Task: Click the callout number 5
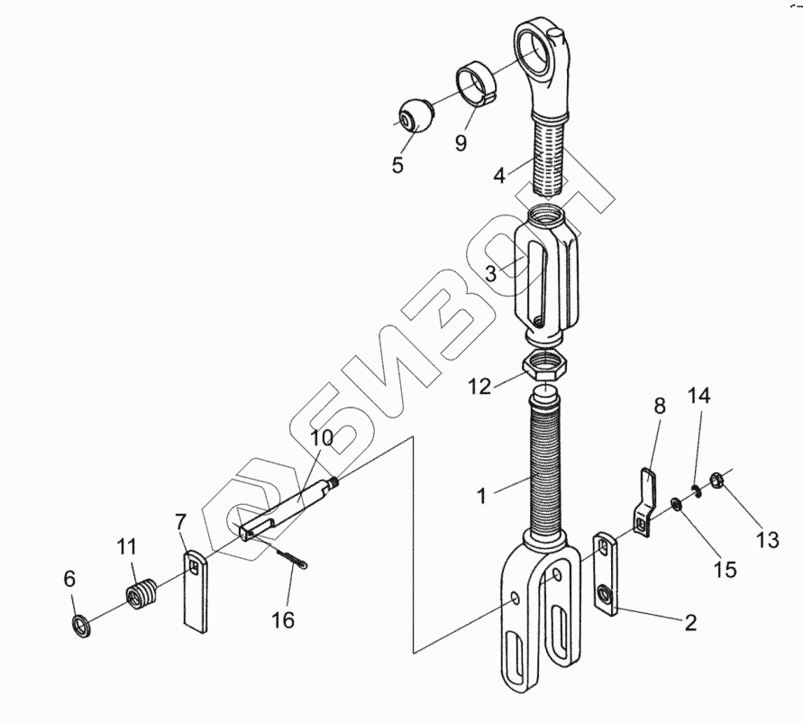click(x=398, y=165)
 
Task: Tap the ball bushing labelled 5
click(x=415, y=115)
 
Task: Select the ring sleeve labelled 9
click(x=476, y=82)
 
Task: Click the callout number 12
click(x=479, y=387)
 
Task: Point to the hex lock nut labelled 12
click(x=545, y=365)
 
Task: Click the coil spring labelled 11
click(x=141, y=594)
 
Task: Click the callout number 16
click(x=283, y=619)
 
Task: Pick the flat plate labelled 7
click(x=196, y=591)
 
